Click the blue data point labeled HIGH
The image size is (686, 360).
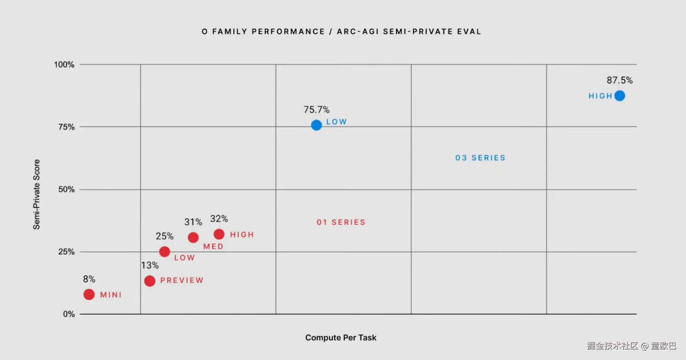tap(620, 96)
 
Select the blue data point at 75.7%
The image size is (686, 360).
tap(316, 125)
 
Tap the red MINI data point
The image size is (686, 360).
tap(89, 294)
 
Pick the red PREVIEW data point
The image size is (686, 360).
tap(150, 281)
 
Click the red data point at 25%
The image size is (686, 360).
tap(164, 252)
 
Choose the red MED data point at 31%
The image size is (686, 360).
tap(193, 237)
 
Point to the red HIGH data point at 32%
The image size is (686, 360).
tap(219, 234)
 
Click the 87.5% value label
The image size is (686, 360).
tap(619, 80)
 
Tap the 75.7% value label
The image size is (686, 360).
tap(316, 110)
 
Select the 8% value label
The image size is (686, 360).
tap(89, 279)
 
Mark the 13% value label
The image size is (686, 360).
tap(150, 265)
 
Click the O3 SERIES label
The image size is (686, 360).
tap(480, 158)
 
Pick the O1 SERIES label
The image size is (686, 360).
tap(341, 222)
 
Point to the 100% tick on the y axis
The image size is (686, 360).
tap(64, 65)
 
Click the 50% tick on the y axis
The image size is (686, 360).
tap(66, 189)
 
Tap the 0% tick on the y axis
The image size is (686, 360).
tap(69, 314)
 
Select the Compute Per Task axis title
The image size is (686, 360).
tap(341, 338)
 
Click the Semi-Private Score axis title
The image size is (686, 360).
tap(36, 194)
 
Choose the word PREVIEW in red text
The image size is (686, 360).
tap(182, 280)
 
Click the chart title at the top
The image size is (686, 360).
tap(341, 32)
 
